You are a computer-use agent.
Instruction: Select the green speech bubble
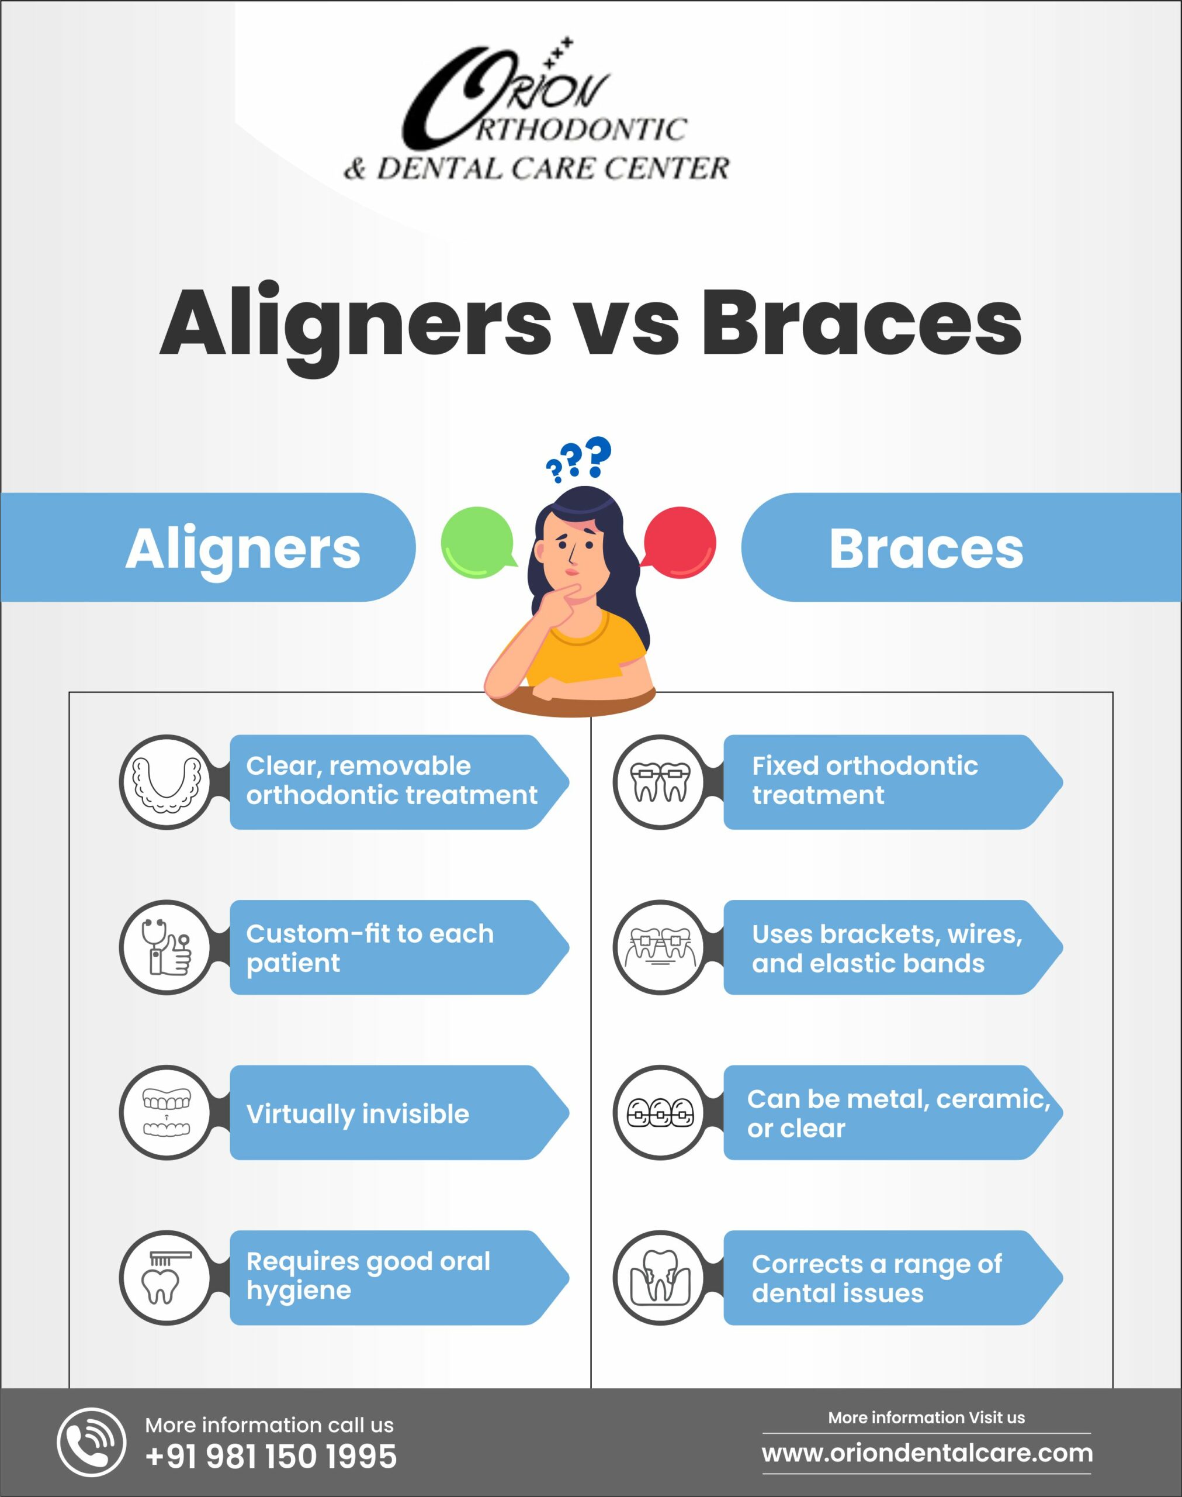tap(478, 542)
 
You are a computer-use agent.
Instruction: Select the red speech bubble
tap(679, 541)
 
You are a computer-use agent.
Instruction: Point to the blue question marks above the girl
tap(578, 458)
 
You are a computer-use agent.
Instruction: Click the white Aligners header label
tap(243, 549)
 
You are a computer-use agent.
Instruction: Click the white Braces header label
tap(926, 549)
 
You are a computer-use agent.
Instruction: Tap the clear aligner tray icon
tap(167, 782)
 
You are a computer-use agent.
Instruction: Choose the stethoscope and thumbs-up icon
tap(166, 947)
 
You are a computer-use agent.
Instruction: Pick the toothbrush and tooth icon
tap(166, 1278)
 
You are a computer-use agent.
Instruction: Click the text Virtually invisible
tap(358, 1114)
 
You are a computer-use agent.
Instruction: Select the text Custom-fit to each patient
tap(370, 948)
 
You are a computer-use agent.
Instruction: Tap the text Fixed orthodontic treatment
tap(865, 780)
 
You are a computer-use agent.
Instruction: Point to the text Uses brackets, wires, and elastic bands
tap(887, 948)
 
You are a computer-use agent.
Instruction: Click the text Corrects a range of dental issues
tap(877, 1278)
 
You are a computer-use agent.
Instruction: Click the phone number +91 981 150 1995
tap(271, 1457)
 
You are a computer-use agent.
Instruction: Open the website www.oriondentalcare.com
tap(927, 1453)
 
